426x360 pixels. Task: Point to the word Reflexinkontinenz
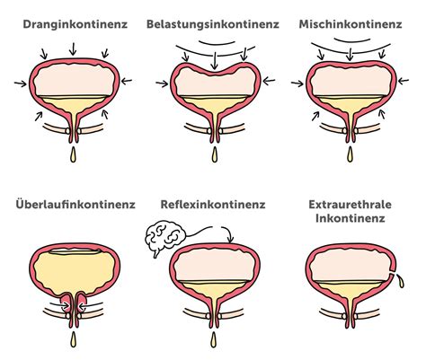tap(213, 205)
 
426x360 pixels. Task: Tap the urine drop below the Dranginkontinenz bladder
tap(72, 158)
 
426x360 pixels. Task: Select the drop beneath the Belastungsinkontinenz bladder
tap(214, 158)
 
